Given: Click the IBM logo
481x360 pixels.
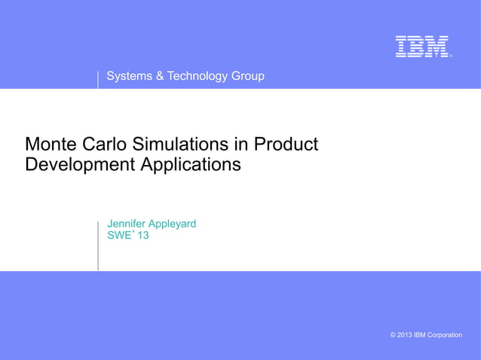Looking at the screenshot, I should [422, 47].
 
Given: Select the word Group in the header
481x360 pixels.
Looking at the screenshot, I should [247, 76].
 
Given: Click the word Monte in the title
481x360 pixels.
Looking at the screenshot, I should [51, 143].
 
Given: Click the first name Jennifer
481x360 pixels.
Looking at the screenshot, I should [129, 224].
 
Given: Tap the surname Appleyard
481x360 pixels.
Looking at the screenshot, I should [174, 224].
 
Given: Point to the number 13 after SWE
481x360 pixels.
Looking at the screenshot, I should [142, 236].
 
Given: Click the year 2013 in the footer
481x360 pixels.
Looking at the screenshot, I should [404, 334].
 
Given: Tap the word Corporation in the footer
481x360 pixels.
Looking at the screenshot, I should [445, 334].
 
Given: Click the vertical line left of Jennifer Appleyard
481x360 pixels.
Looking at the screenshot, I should [98, 245].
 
